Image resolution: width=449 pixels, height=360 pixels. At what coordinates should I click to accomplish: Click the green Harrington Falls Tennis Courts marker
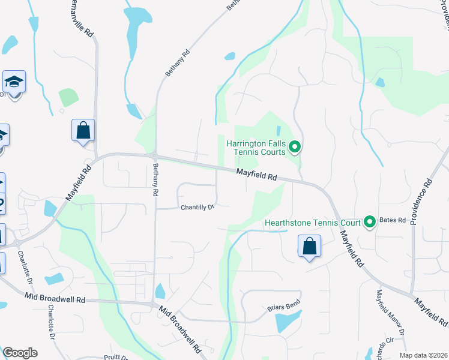294,146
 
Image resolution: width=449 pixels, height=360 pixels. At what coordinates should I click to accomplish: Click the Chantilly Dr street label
197,208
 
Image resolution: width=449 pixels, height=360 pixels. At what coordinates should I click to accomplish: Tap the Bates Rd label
393,221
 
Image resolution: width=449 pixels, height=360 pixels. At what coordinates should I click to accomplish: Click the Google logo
20,353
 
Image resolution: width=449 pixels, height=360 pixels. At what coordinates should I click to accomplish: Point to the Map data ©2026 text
423,355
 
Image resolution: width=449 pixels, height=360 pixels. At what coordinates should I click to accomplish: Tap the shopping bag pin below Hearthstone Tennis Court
309,247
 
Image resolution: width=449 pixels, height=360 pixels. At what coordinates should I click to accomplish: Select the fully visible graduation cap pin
14,83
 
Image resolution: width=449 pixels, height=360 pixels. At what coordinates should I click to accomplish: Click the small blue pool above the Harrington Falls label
278,130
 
